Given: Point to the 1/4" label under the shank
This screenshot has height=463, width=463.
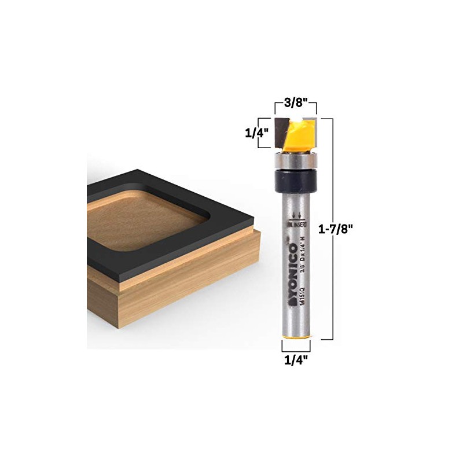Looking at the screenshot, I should (296, 359).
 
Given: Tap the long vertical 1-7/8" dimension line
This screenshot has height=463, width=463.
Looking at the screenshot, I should (331, 231).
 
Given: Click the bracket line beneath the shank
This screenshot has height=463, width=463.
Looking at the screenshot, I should (296, 350).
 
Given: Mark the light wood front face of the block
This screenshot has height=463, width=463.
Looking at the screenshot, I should (174, 313).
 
